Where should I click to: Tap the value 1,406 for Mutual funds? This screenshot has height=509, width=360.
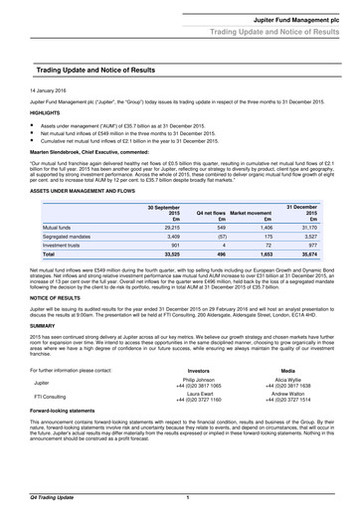coord(264,228)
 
